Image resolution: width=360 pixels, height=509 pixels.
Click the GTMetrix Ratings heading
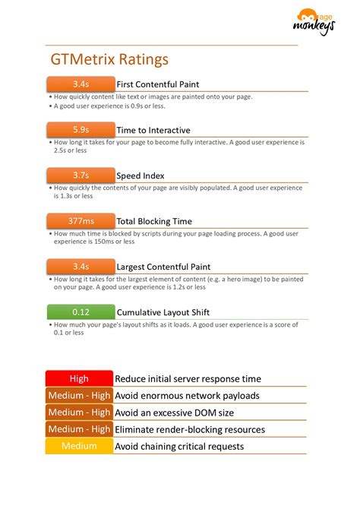point(109,59)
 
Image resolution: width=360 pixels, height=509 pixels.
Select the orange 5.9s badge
point(81,130)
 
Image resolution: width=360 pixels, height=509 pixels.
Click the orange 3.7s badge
point(81,175)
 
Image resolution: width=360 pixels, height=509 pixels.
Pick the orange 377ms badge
point(81,221)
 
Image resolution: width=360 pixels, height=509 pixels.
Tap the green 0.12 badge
point(81,311)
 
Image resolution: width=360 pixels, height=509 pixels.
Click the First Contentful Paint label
point(169,84)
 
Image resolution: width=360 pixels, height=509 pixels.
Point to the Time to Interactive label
point(153,130)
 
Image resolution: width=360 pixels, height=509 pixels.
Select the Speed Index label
point(141,175)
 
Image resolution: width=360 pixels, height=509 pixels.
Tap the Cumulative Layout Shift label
point(163,311)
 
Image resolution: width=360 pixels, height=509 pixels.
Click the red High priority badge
point(79,378)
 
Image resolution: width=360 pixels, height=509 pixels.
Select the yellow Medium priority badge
point(79,446)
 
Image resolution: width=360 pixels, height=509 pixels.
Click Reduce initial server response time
point(188,378)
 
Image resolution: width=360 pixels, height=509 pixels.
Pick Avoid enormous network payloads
point(187,395)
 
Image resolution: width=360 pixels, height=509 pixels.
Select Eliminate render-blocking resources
point(190,429)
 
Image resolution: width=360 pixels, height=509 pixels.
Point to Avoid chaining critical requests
point(179,446)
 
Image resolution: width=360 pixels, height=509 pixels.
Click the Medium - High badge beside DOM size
point(79,413)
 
